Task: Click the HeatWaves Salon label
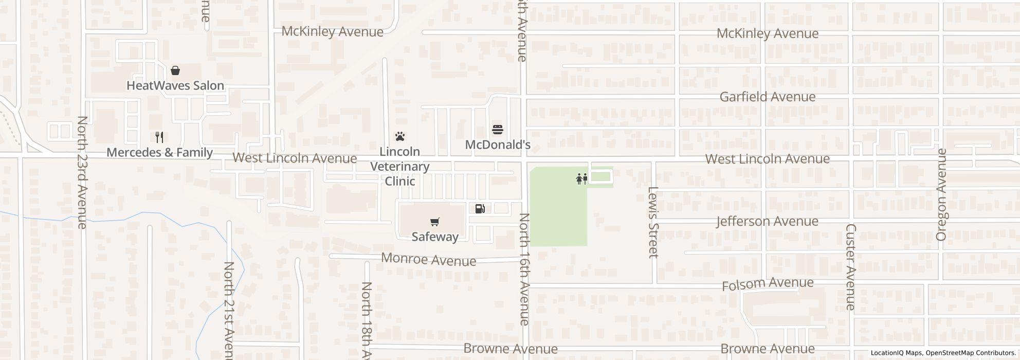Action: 175,85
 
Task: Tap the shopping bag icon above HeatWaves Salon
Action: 175,70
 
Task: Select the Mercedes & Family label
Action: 159,152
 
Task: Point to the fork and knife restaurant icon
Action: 159,137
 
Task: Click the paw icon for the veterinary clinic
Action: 400,136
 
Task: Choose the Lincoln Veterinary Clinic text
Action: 400,167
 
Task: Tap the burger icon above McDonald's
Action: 497,130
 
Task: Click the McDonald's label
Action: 497,145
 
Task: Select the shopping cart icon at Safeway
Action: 435,222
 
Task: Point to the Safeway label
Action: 435,237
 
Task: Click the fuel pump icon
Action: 480,208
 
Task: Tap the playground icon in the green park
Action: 582,179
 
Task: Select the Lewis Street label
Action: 653,222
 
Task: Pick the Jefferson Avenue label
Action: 767,221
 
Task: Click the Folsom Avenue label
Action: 768,283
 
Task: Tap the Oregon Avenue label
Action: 942,194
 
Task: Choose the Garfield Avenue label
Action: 767,97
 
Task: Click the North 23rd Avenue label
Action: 82,172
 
